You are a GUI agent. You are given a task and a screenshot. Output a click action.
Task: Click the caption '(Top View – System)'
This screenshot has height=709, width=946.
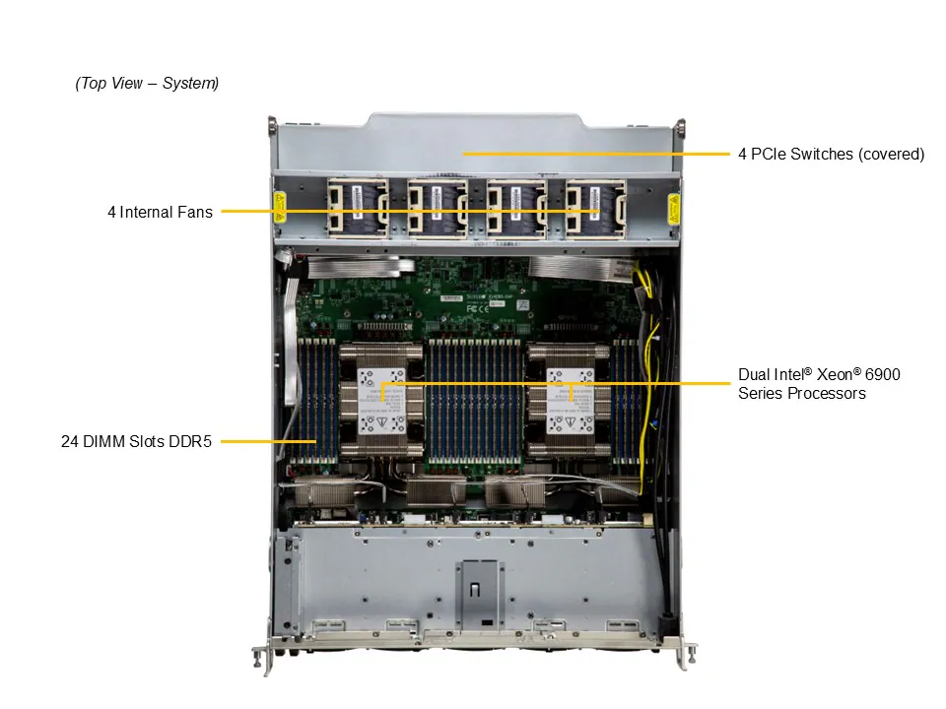click(x=147, y=84)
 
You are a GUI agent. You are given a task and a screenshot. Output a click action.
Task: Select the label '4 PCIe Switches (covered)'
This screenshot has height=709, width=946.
click(x=831, y=154)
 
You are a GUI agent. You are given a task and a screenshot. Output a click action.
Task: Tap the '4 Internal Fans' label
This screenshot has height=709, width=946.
click(x=160, y=212)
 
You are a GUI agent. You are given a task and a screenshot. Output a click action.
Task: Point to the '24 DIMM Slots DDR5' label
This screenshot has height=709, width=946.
click(x=136, y=442)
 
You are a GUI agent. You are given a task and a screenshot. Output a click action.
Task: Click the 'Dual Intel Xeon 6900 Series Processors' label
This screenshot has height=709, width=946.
click(x=819, y=384)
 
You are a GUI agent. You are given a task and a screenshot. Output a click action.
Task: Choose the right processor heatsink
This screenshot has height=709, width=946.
click(x=570, y=402)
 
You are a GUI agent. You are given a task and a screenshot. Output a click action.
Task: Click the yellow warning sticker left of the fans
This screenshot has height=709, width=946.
click(x=279, y=208)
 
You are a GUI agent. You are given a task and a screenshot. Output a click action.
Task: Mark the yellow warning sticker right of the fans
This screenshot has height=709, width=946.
click(x=674, y=208)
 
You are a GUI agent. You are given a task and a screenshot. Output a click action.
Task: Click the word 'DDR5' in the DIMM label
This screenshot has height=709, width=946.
click(x=193, y=442)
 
